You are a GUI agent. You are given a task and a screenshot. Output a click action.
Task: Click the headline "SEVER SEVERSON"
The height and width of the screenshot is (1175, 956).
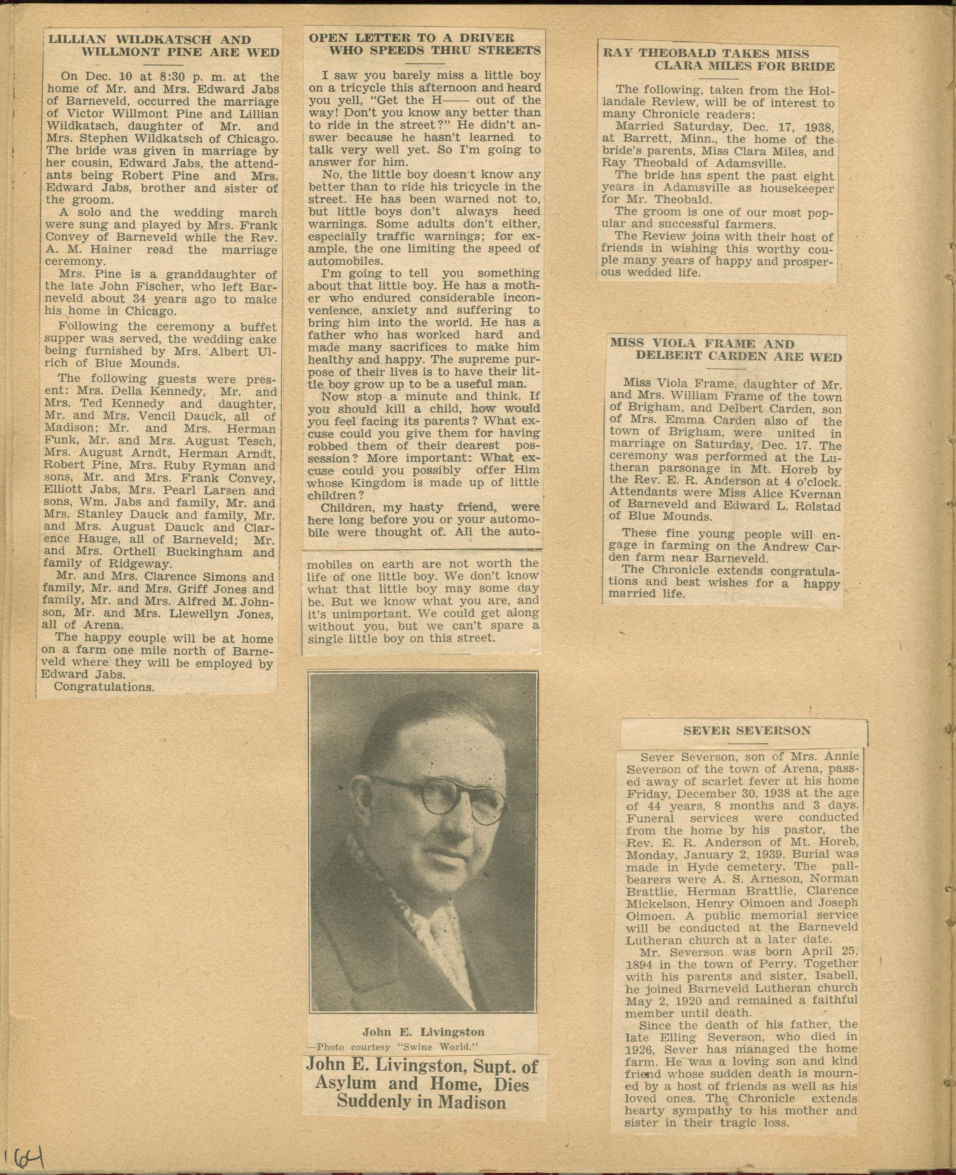747,731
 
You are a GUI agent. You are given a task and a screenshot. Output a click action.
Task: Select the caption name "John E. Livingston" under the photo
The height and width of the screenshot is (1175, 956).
423,1032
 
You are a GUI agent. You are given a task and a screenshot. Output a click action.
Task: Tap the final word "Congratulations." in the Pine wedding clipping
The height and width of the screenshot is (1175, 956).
104,687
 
